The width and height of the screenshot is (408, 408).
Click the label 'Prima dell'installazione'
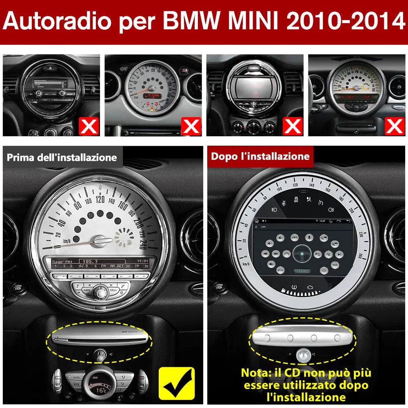tap(62, 157)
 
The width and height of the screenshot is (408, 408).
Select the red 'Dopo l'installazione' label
tap(260, 156)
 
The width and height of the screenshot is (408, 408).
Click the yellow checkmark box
tap(176, 383)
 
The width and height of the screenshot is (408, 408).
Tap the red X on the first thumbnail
tap(89, 126)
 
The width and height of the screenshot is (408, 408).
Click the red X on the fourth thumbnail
tap(395, 126)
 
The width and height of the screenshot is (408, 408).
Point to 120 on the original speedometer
tap(100, 199)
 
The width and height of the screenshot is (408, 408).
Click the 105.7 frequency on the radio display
tap(90, 261)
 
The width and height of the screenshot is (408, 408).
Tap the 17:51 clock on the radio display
tap(142, 261)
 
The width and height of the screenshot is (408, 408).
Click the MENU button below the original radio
tap(113, 290)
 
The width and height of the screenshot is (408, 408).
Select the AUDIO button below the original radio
tap(87, 290)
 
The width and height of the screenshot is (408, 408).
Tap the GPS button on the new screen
tap(294, 237)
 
